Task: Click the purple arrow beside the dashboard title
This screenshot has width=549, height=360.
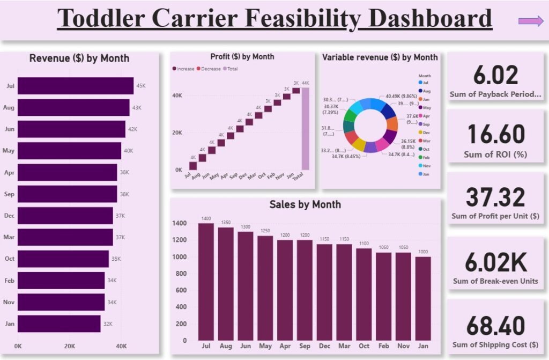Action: [x=531, y=21]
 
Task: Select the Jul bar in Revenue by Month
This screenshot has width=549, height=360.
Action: [x=75, y=86]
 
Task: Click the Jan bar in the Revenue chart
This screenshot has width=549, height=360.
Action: [x=59, y=324]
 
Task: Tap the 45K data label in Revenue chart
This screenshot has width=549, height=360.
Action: [x=141, y=86]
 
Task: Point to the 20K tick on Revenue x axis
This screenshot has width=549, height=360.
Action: [x=70, y=346]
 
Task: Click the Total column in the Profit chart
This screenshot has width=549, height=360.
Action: [x=305, y=129]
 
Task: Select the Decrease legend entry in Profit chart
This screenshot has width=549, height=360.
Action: [x=209, y=69]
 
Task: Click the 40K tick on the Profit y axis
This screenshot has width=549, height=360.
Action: [x=178, y=95]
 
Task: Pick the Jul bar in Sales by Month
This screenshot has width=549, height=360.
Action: [x=206, y=281]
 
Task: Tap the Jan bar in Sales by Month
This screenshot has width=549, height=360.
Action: [x=422, y=298]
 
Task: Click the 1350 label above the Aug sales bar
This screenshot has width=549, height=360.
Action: [x=226, y=223]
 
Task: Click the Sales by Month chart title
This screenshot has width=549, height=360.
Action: [x=305, y=204]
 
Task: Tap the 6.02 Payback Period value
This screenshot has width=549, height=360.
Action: [x=495, y=75]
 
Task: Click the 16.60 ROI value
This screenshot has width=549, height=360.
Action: [x=495, y=134]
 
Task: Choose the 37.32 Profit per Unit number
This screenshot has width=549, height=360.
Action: [x=495, y=197]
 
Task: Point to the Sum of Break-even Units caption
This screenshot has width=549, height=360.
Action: [x=495, y=281]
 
